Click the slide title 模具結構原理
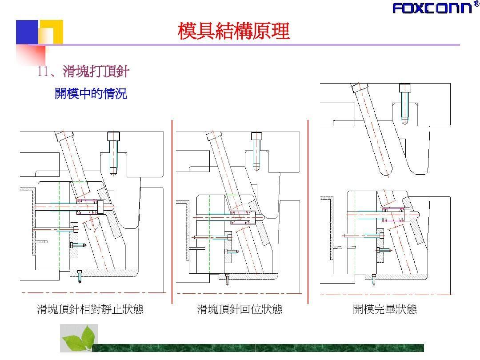[234, 32]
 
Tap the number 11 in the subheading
[42, 72]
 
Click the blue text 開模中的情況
[91, 94]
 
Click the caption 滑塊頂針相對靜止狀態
[90, 309]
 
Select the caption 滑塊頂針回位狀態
[240, 309]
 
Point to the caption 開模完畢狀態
[384, 309]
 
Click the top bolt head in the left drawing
[114, 136]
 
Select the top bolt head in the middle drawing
[256, 136]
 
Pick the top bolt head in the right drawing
[404, 88]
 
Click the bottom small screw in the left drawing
[80, 277]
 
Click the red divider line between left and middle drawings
[172, 211]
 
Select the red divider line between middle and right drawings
[308, 211]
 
